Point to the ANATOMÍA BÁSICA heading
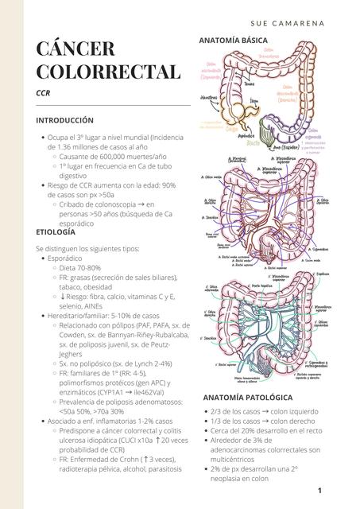(238, 40)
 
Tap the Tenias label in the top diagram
(249, 84)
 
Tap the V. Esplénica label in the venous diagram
(323, 274)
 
